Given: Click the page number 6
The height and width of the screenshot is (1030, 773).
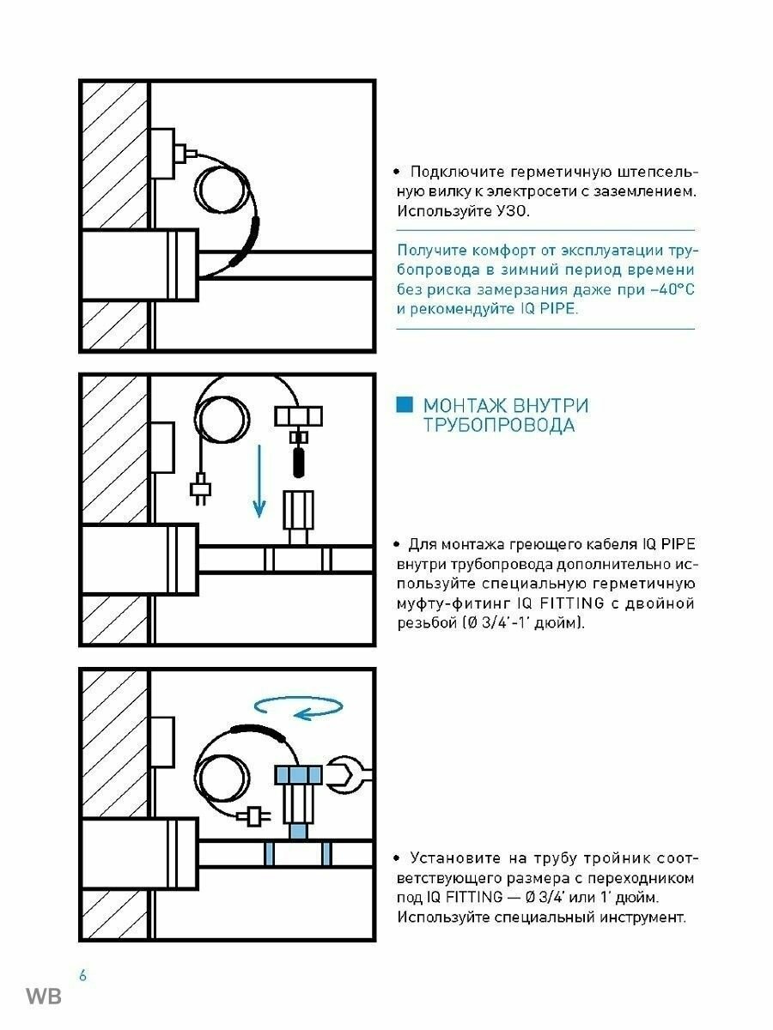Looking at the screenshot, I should [82, 975].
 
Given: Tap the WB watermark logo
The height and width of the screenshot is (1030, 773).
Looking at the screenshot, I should [43, 997].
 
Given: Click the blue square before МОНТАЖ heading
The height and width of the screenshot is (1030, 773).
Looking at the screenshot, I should [404, 405].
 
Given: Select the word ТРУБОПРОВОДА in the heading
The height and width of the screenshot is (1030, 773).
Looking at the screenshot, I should [498, 426].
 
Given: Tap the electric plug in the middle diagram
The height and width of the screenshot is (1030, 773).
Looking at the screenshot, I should [200, 490].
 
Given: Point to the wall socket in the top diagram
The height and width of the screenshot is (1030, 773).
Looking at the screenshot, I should [167, 154].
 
